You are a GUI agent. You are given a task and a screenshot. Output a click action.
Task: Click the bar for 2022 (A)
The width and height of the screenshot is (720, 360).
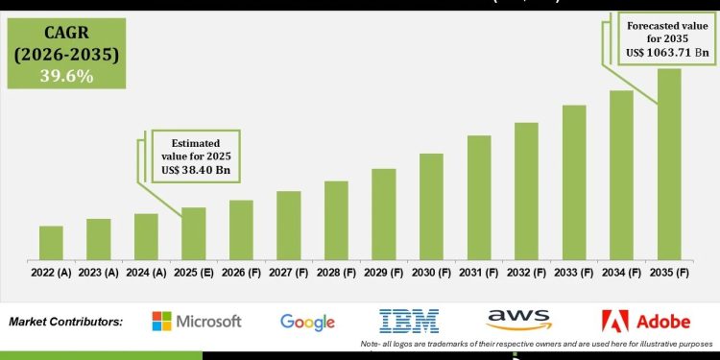[x=51, y=242]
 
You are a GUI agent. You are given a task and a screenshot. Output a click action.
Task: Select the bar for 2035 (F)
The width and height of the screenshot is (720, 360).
[x=669, y=163]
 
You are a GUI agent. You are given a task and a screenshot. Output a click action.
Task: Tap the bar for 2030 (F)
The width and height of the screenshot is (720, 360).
[x=431, y=205]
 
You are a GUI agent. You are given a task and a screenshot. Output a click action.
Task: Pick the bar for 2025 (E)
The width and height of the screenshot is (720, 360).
[x=194, y=233]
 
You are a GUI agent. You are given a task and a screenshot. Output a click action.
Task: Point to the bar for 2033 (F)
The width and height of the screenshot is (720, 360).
[x=574, y=181]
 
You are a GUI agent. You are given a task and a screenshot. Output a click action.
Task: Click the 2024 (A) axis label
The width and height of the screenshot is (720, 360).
[x=146, y=273]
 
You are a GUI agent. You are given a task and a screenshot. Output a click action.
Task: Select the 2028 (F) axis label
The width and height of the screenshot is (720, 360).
[x=336, y=273]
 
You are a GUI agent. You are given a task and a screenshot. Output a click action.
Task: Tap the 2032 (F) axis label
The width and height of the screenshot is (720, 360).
[x=526, y=273]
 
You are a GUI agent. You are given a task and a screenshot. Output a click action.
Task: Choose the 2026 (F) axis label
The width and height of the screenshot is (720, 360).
[x=241, y=273]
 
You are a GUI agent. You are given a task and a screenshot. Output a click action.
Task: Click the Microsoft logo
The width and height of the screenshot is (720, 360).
[x=196, y=322]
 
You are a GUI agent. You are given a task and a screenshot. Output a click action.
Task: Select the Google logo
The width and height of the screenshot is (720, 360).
[x=307, y=322]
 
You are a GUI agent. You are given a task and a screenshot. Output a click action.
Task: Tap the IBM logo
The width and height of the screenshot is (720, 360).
[x=409, y=321]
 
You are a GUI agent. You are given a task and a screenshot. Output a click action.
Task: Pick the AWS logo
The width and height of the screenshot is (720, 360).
[x=518, y=319]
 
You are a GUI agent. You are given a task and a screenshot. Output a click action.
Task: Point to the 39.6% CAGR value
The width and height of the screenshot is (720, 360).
[x=66, y=76]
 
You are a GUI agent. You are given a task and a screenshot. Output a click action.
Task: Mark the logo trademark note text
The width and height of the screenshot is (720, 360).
[x=537, y=344]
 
